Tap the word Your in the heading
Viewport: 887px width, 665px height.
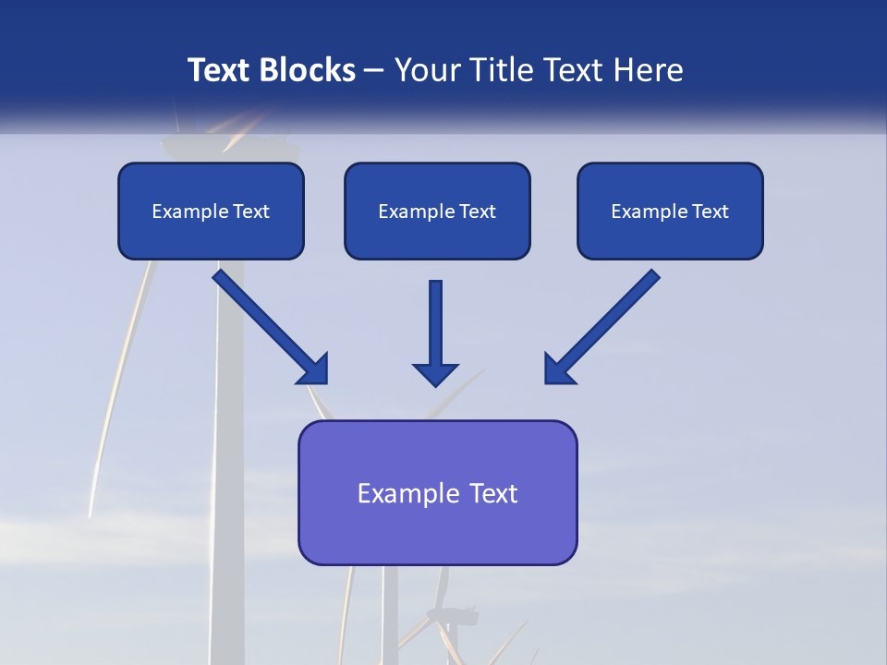(x=428, y=70)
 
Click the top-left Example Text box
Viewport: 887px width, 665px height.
(x=211, y=211)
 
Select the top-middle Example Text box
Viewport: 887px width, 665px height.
(x=437, y=211)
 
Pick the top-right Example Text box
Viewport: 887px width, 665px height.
(x=670, y=211)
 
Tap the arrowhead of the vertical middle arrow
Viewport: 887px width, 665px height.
(x=435, y=373)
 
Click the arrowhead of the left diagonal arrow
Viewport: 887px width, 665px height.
(x=314, y=369)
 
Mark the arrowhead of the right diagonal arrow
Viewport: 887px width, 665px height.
(x=558, y=369)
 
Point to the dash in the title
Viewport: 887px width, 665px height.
(x=374, y=70)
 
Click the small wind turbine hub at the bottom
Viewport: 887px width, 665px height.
(x=446, y=616)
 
